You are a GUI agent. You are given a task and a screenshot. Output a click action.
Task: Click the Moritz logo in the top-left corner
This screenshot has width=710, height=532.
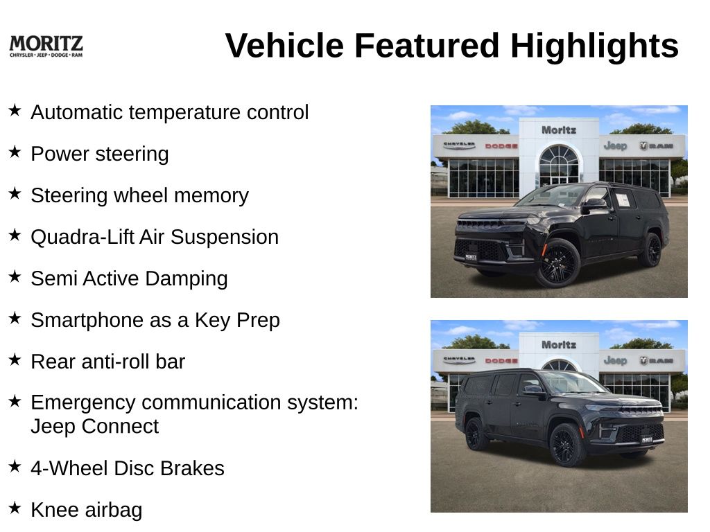[x=46, y=46]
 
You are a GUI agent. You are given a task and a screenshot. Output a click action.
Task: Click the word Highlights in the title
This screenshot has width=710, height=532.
[x=594, y=46]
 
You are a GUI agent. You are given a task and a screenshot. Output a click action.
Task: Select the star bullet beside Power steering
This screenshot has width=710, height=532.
[x=15, y=152]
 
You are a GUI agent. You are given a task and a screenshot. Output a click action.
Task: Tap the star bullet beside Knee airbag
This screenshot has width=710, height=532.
[x=15, y=508]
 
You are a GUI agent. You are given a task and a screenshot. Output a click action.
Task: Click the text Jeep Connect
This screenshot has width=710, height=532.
[x=94, y=426]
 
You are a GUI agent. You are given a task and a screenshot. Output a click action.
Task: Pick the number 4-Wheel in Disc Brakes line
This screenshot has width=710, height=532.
[x=69, y=468]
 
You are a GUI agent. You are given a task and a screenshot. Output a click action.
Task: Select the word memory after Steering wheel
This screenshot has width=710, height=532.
[x=211, y=196]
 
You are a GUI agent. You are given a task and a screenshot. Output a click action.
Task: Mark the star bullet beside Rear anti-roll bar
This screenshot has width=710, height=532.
[x=15, y=360]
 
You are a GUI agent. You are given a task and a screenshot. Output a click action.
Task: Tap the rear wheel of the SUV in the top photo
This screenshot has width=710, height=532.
[x=652, y=249]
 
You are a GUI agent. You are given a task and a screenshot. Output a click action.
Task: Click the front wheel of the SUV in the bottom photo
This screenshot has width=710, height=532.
[x=567, y=445]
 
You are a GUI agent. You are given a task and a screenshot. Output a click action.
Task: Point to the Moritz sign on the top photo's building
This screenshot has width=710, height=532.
[x=559, y=130]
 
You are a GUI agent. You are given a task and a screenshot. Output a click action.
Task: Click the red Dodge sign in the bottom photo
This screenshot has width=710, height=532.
[x=501, y=360]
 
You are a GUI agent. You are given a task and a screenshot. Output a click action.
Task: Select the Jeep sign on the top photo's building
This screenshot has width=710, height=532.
[x=615, y=145]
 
